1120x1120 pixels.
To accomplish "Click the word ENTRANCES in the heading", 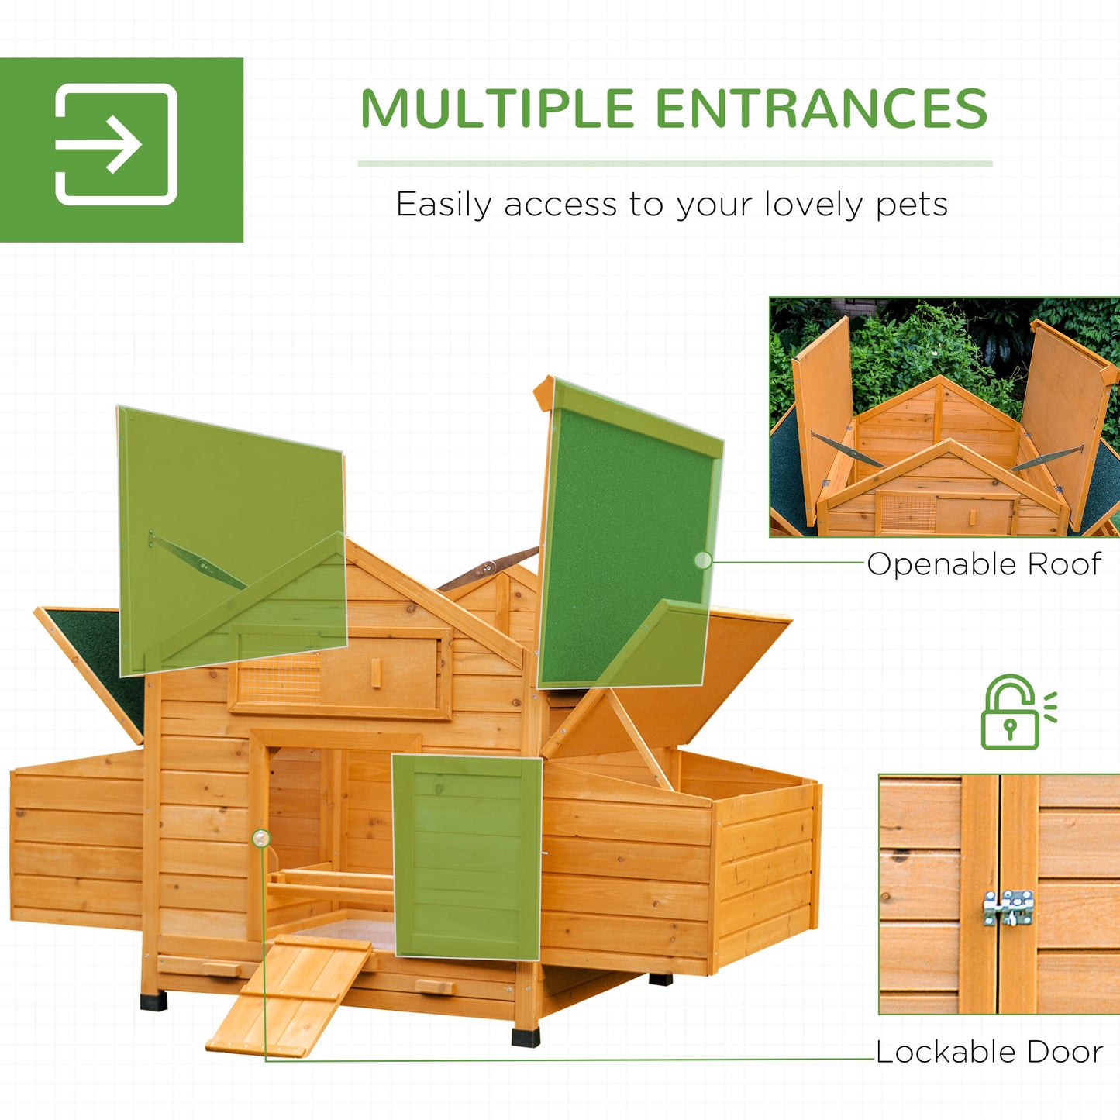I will [x=821, y=109].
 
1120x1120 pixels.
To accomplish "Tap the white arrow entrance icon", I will [x=116, y=144].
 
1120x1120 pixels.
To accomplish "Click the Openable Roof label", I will [x=983, y=564].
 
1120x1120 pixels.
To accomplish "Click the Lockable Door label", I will [x=989, y=1052].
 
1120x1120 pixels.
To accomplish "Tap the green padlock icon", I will [x=1010, y=712].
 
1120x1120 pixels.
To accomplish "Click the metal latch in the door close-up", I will [x=1008, y=907].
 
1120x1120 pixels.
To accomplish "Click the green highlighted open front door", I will [x=467, y=856].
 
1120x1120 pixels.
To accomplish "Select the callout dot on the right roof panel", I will [x=702, y=560].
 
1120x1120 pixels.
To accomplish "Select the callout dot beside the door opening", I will [x=261, y=838].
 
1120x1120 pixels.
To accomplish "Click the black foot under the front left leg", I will [x=153, y=1000].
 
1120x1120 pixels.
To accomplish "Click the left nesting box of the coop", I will [x=78, y=841].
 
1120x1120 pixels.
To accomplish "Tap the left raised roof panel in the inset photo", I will [x=823, y=411].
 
